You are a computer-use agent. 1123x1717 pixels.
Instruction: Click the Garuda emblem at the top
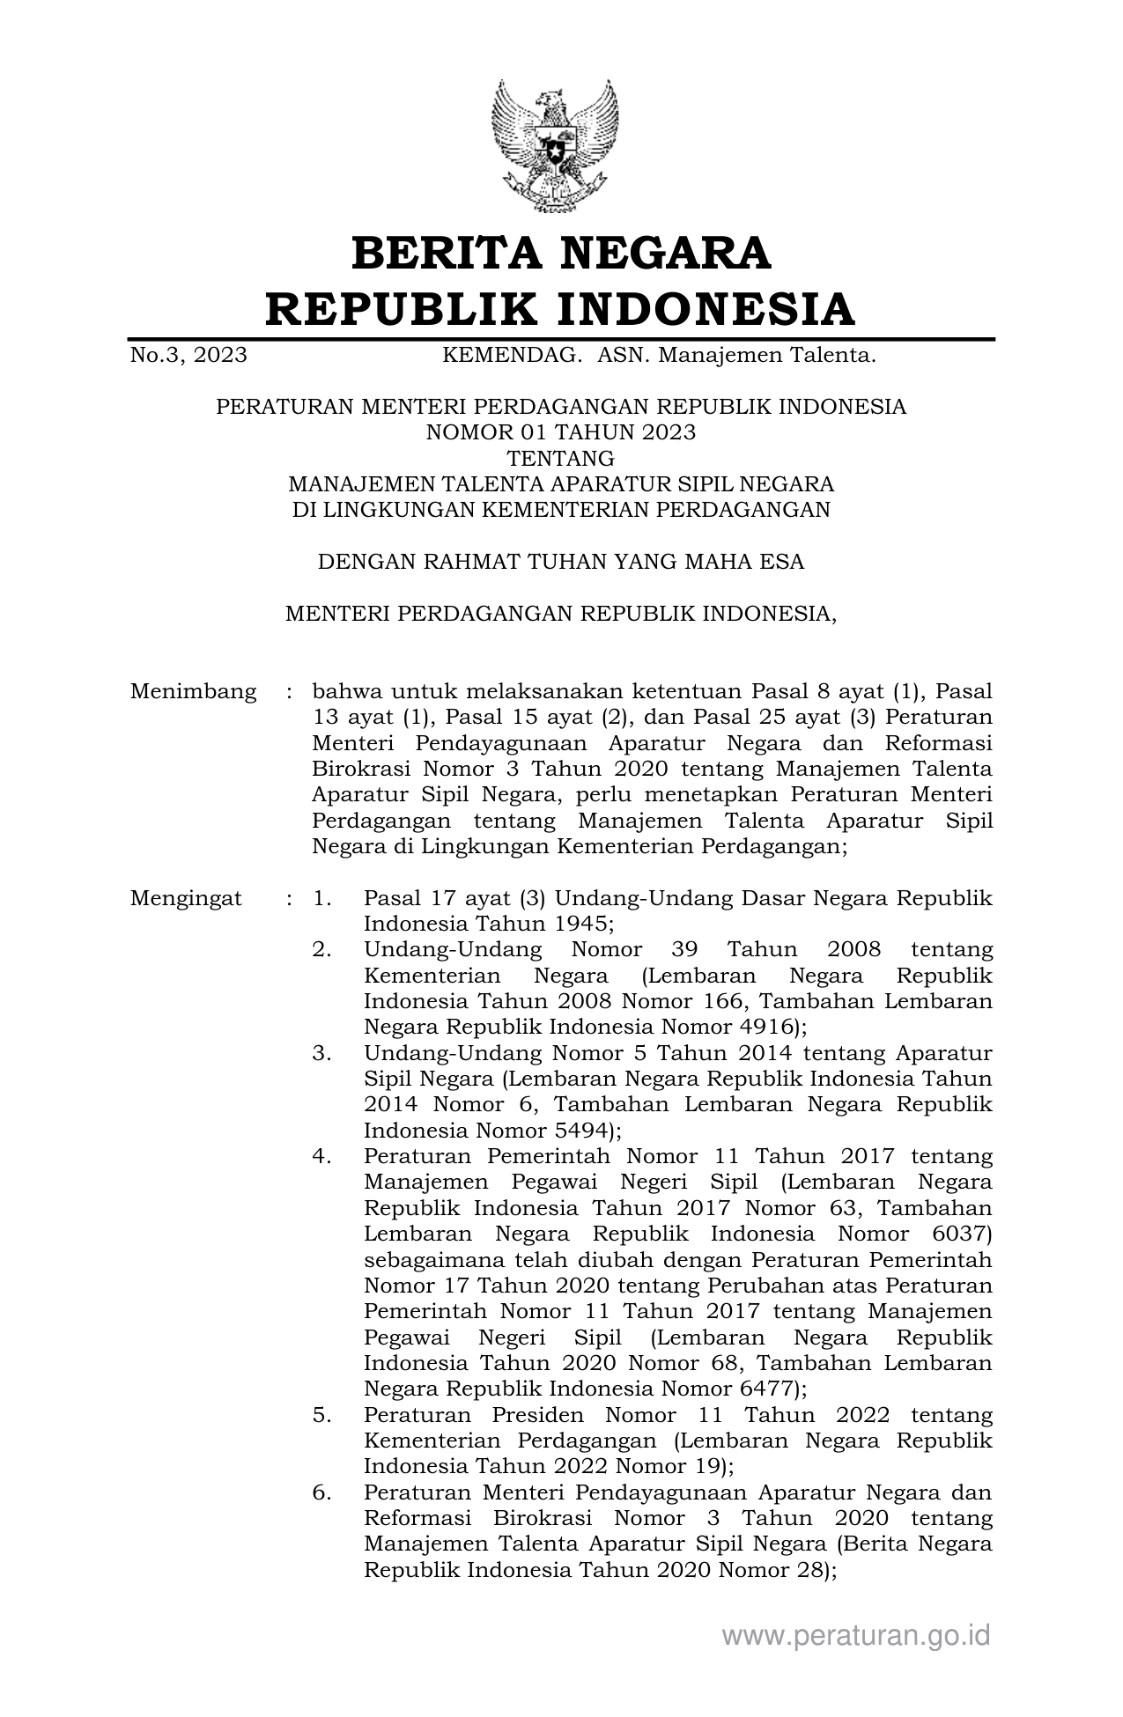(555, 145)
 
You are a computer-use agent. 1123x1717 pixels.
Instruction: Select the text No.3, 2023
(188, 356)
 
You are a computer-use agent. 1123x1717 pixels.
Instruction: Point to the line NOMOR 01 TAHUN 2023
(561, 432)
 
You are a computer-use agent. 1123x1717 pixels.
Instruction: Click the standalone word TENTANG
(561, 458)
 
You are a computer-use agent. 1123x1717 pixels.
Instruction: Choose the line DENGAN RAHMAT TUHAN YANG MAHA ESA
(561, 562)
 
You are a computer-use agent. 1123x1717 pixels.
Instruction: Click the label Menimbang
(194, 691)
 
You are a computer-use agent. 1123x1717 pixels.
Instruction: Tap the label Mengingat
(186, 899)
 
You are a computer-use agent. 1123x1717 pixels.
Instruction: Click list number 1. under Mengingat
(321, 899)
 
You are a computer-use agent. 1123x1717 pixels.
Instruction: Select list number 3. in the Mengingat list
(321, 1054)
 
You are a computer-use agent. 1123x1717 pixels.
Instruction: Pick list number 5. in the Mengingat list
(321, 1415)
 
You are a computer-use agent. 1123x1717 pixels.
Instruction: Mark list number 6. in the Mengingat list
(321, 1492)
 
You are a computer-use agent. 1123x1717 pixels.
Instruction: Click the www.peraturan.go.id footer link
(856, 1635)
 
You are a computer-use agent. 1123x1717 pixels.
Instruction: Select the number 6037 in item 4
(958, 1234)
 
